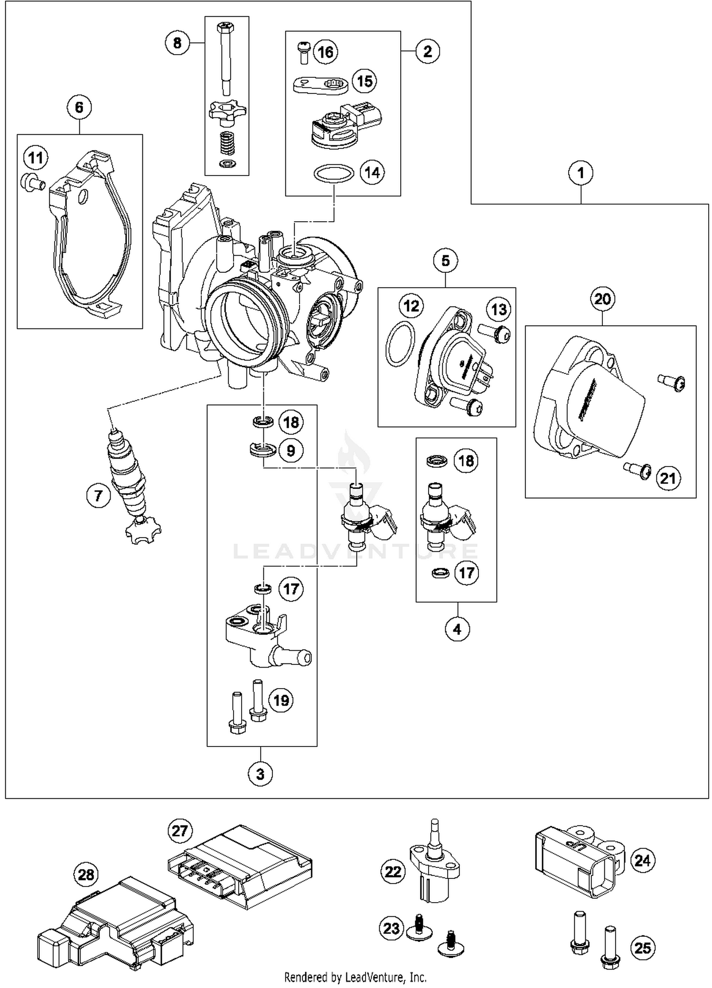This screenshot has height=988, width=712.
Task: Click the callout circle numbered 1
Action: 581,173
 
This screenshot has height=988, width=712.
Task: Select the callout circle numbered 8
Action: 177,43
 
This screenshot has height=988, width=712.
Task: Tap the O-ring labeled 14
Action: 334,174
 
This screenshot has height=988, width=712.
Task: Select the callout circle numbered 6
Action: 79,108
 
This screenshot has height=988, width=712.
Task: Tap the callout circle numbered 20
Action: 602,299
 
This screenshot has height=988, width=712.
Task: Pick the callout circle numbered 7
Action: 98,496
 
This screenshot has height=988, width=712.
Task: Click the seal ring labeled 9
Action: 263,450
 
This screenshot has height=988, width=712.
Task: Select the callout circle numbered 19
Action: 281,700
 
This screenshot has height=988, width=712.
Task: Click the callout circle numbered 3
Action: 260,774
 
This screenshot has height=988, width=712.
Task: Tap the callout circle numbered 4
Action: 457,630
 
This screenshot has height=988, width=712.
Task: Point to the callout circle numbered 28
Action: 86,875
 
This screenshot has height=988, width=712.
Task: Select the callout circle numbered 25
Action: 643,948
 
